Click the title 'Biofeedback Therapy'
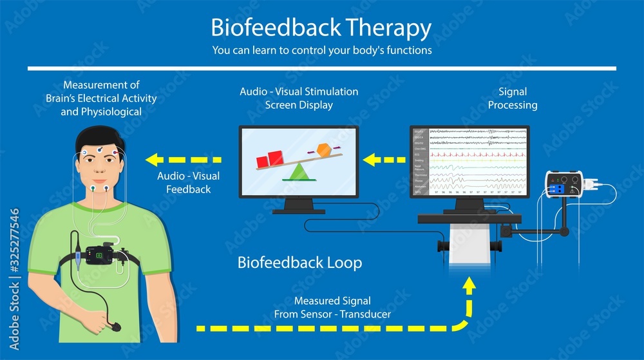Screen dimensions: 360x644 tap(321, 28)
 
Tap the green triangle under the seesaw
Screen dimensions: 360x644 tap(298, 171)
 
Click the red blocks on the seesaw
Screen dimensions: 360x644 tap(270, 158)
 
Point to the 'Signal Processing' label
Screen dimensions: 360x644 tap(512, 99)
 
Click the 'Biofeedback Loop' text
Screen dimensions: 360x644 tap(299, 263)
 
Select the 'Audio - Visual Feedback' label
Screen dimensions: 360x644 tap(188, 182)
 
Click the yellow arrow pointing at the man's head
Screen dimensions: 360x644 tap(184, 159)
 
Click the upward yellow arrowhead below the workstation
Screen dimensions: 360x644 tap(469, 285)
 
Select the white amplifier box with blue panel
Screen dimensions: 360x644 tap(567, 186)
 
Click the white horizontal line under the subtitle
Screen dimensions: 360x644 tap(322, 68)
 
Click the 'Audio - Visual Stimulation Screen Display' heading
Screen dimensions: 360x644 tap(299, 99)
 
